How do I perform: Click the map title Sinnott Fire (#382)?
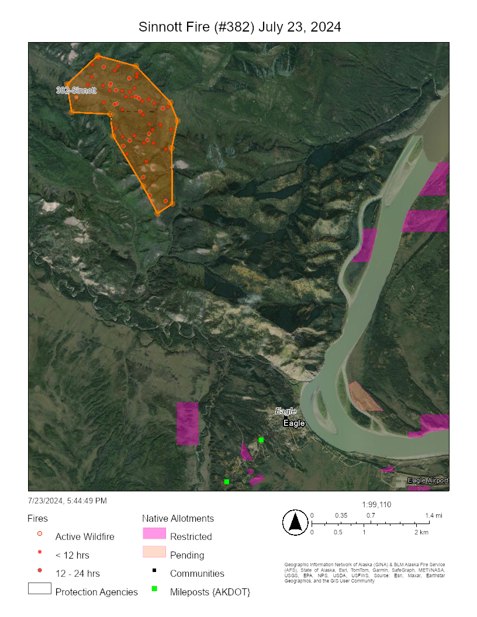point(240,27)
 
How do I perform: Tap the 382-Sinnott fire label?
point(76,91)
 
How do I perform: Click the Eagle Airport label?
point(428,480)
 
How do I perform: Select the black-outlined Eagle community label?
point(294,423)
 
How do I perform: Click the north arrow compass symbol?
point(295,522)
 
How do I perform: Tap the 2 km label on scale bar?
point(421,533)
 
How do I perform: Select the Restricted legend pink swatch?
point(154,534)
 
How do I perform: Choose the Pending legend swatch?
point(154,552)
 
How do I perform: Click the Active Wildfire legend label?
point(85,536)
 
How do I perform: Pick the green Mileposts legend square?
point(154,588)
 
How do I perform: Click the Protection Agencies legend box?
point(40,589)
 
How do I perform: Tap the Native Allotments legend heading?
point(178,518)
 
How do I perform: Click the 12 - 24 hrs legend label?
point(77,573)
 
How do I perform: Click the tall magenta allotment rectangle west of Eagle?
point(188,423)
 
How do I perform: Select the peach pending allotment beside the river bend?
point(364,397)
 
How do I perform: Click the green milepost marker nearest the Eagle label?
point(261,439)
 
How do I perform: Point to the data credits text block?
point(362,573)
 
